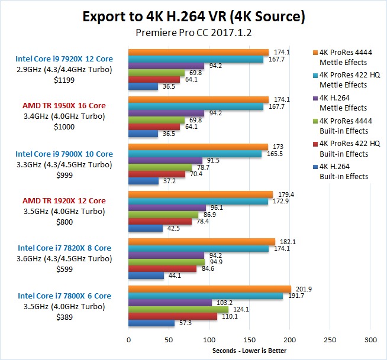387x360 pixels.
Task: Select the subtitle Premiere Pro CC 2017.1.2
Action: pos(193,33)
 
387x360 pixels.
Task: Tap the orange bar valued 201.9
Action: pos(209,289)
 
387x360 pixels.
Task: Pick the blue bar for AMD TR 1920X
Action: pos(146,228)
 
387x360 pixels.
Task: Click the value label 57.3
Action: pos(184,323)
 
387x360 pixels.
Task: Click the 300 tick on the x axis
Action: pos(370,340)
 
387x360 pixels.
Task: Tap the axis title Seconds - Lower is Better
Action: pos(249,351)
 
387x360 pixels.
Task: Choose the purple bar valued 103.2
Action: pos(170,303)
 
